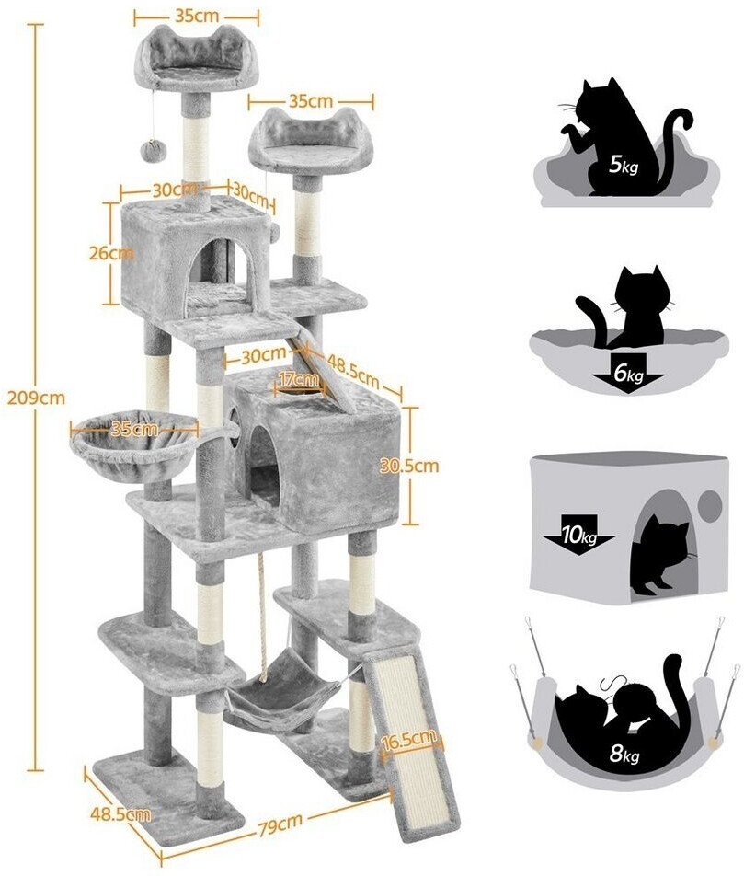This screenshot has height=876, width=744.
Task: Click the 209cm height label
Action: tap(36, 398)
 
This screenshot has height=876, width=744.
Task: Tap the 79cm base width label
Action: tap(281, 823)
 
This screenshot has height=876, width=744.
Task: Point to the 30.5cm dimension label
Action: tap(409, 465)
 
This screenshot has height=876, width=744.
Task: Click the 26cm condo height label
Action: tap(111, 253)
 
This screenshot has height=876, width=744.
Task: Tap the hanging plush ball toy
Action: tap(152, 151)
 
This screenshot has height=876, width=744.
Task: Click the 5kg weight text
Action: tap(624, 165)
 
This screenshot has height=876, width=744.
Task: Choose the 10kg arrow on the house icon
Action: tap(579, 537)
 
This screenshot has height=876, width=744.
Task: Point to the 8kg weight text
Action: tap(624, 755)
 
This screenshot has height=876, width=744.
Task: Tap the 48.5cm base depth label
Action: tap(120, 813)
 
